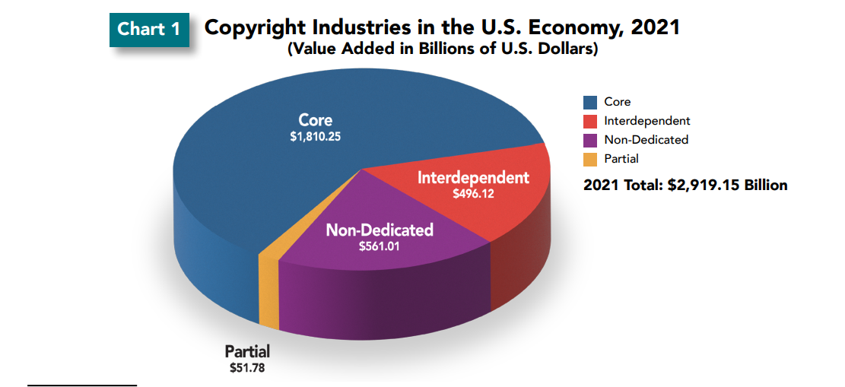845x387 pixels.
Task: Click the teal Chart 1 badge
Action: [x=149, y=29]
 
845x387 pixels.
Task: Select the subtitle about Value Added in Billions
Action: [x=442, y=50]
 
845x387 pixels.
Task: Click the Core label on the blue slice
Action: [x=315, y=120]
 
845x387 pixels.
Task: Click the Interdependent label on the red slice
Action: [x=473, y=178]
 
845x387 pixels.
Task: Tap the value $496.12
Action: [x=473, y=194]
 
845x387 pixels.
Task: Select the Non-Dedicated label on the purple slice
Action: [x=379, y=230]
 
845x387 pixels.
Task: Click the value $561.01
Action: [x=379, y=246]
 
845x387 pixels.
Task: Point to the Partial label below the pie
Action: [x=247, y=352]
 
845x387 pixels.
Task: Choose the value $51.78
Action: [x=247, y=368]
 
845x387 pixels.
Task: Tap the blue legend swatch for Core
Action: [x=590, y=102]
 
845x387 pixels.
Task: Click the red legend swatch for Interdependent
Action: [x=590, y=121]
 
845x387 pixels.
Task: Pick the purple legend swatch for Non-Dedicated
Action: [x=590, y=140]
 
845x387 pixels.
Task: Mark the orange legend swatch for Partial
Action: [x=590, y=159]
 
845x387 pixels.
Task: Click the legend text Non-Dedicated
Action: [x=646, y=140]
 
